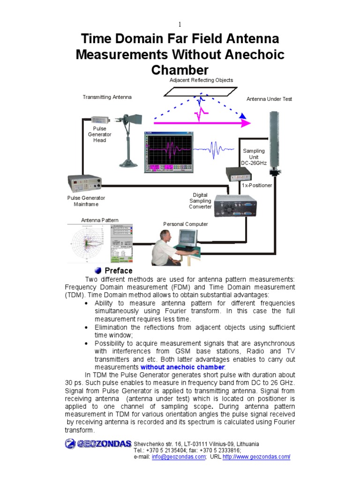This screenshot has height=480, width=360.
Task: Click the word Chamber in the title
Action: (x=180, y=70)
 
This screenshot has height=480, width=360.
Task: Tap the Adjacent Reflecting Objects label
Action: (x=201, y=81)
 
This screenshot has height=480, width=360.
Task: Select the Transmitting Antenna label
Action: (x=107, y=97)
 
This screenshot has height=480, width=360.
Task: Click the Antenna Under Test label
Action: (x=269, y=99)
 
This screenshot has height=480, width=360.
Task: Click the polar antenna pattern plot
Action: (x=88, y=244)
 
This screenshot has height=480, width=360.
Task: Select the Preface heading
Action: (x=119, y=271)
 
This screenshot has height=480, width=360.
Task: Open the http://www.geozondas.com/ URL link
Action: (x=256, y=457)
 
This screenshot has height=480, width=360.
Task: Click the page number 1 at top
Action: (x=180, y=24)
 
